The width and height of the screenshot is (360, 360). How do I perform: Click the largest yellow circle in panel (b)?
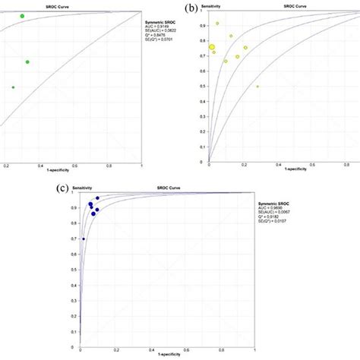point(213,47)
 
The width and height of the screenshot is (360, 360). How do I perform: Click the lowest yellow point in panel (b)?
point(257,87)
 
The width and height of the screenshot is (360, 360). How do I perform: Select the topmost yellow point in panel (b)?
point(217,24)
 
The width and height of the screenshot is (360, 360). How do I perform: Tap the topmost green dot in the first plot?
point(22,16)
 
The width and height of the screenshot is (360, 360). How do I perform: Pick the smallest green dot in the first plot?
point(13,87)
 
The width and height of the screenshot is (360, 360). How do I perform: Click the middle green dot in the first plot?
point(27,62)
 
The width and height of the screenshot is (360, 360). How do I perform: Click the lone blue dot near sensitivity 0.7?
point(84,239)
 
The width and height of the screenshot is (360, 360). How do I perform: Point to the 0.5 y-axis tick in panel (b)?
point(203,87)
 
